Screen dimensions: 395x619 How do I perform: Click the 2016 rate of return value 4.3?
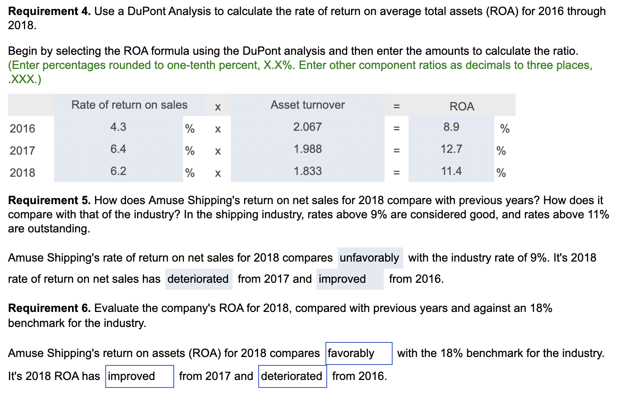[118, 127]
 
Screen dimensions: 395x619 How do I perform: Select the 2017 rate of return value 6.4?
[118, 149]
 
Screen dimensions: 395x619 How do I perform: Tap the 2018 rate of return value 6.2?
[118, 171]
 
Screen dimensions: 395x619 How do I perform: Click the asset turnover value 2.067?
[307, 127]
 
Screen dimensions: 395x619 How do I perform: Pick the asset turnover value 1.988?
[307, 149]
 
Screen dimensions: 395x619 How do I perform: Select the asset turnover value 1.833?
[307, 171]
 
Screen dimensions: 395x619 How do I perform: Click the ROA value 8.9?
[451, 127]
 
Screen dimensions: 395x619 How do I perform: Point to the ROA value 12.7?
[451, 149]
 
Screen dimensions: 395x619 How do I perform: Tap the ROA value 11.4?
[451, 171]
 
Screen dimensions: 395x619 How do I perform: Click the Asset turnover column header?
[307, 105]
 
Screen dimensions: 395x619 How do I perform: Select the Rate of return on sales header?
[129, 105]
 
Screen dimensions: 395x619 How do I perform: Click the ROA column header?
[462, 106]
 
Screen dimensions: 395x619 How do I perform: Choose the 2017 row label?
[23, 151]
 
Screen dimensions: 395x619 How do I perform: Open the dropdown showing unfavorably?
[370, 258]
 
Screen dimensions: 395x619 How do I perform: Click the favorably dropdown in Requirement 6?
[359, 353]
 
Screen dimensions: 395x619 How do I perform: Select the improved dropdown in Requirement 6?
[139, 376]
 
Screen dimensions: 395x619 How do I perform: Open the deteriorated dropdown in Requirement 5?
[199, 279]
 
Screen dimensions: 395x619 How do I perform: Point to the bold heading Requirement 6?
[50, 308]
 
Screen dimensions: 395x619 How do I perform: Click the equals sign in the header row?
[396, 106]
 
